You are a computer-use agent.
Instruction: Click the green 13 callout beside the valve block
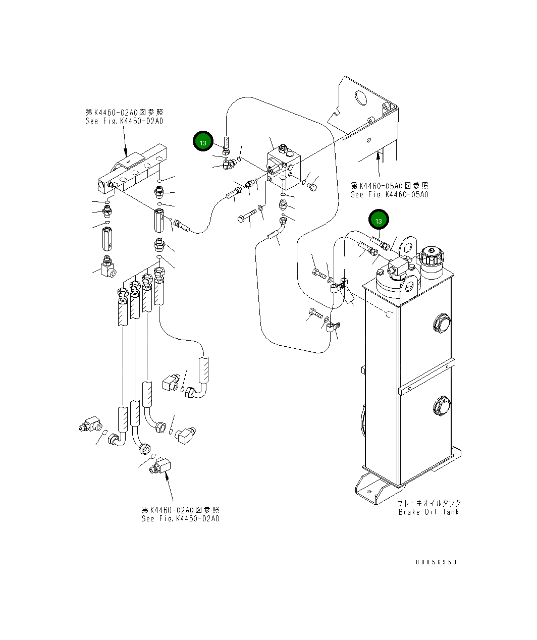[202, 141]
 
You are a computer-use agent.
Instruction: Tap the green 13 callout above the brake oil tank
[379, 220]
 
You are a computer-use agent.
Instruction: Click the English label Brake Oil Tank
[428, 512]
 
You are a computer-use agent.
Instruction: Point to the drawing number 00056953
[436, 562]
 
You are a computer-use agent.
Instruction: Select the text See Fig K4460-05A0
[389, 194]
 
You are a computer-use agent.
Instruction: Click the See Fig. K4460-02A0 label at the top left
[124, 121]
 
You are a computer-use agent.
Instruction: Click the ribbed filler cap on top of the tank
[432, 256]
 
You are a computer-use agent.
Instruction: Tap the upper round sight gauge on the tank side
[442, 323]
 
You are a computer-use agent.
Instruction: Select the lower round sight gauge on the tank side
[442, 406]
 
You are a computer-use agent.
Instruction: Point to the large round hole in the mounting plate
[360, 98]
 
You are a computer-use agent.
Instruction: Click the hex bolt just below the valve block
[247, 216]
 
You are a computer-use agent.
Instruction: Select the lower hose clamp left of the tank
[333, 327]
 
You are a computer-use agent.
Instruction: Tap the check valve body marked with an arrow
[107, 239]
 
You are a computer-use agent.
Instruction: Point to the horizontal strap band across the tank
[426, 377]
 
